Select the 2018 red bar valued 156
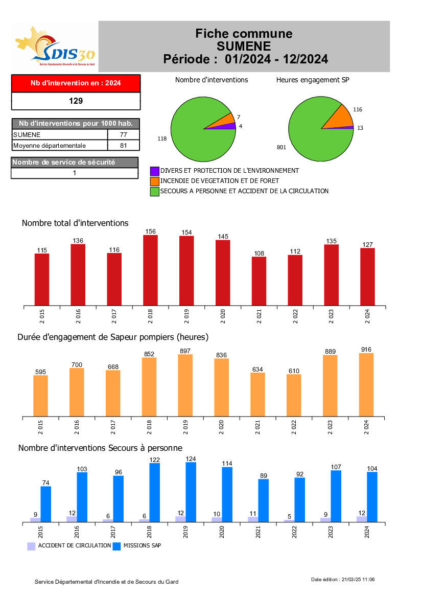[x=150, y=270]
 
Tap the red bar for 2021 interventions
[x=259, y=281]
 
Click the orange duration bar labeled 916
[x=366, y=384]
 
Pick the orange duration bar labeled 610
[x=294, y=395]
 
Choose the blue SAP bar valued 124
[x=191, y=492]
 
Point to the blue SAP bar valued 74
[x=46, y=504]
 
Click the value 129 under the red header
[x=76, y=101]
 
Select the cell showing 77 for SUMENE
[x=123, y=134]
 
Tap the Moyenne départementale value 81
[x=123, y=146]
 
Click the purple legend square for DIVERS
[x=154, y=171]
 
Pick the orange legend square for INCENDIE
[x=154, y=181]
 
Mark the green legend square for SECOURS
[x=154, y=191]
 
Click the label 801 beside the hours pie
[x=282, y=148]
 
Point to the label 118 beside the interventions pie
[x=162, y=139]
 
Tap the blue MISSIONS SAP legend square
[x=116, y=546]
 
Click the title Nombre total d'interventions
[x=75, y=223]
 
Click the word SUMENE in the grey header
[x=244, y=47]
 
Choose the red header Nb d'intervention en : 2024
[x=76, y=83]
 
